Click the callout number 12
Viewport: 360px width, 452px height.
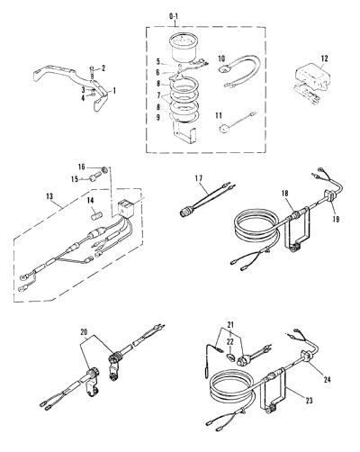325,59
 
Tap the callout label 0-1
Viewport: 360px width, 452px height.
174,17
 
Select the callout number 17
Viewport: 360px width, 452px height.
198,178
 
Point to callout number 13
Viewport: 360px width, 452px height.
49,196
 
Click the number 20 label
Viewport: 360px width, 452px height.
85,331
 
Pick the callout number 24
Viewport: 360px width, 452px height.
327,379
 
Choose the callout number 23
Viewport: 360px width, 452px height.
309,400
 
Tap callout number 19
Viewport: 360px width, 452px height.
336,219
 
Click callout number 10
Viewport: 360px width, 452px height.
221,59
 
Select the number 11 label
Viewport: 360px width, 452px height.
219,115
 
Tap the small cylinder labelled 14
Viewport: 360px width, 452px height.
96,215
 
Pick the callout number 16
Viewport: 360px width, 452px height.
82,167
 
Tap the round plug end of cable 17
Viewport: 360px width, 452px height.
184,212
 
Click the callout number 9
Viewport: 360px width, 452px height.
158,117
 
